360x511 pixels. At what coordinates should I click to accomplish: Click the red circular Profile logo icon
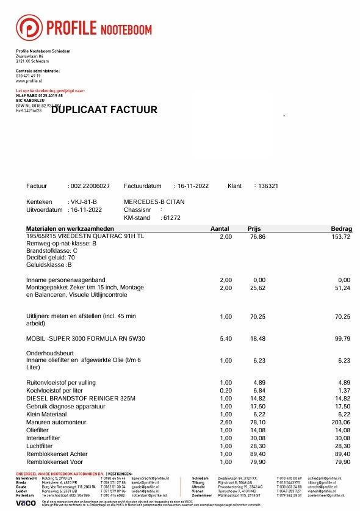(28, 28)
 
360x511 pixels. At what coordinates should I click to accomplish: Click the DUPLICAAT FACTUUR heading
(104, 110)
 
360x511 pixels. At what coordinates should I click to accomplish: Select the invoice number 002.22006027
(90, 186)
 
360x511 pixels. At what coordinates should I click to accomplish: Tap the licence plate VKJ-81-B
(84, 201)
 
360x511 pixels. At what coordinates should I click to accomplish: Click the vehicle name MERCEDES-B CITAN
(154, 201)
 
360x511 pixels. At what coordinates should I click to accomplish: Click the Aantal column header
(220, 228)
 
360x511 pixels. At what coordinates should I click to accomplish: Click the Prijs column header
(254, 228)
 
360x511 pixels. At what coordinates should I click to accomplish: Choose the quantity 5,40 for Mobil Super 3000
(225, 338)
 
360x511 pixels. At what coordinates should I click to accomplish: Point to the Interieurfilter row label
(45, 437)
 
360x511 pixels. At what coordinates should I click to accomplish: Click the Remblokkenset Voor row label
(55, 462)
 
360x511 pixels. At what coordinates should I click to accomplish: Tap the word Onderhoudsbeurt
(50, 353)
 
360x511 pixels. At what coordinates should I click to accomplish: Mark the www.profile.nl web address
(28, 81)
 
